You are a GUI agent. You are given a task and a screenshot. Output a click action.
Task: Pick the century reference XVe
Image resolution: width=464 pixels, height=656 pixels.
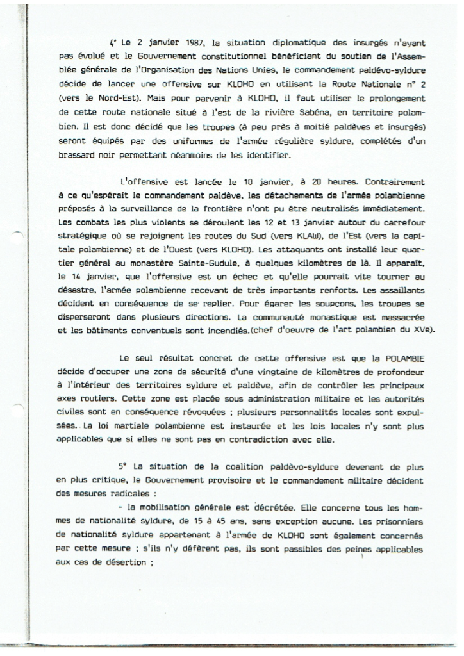(x=420, y=330)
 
